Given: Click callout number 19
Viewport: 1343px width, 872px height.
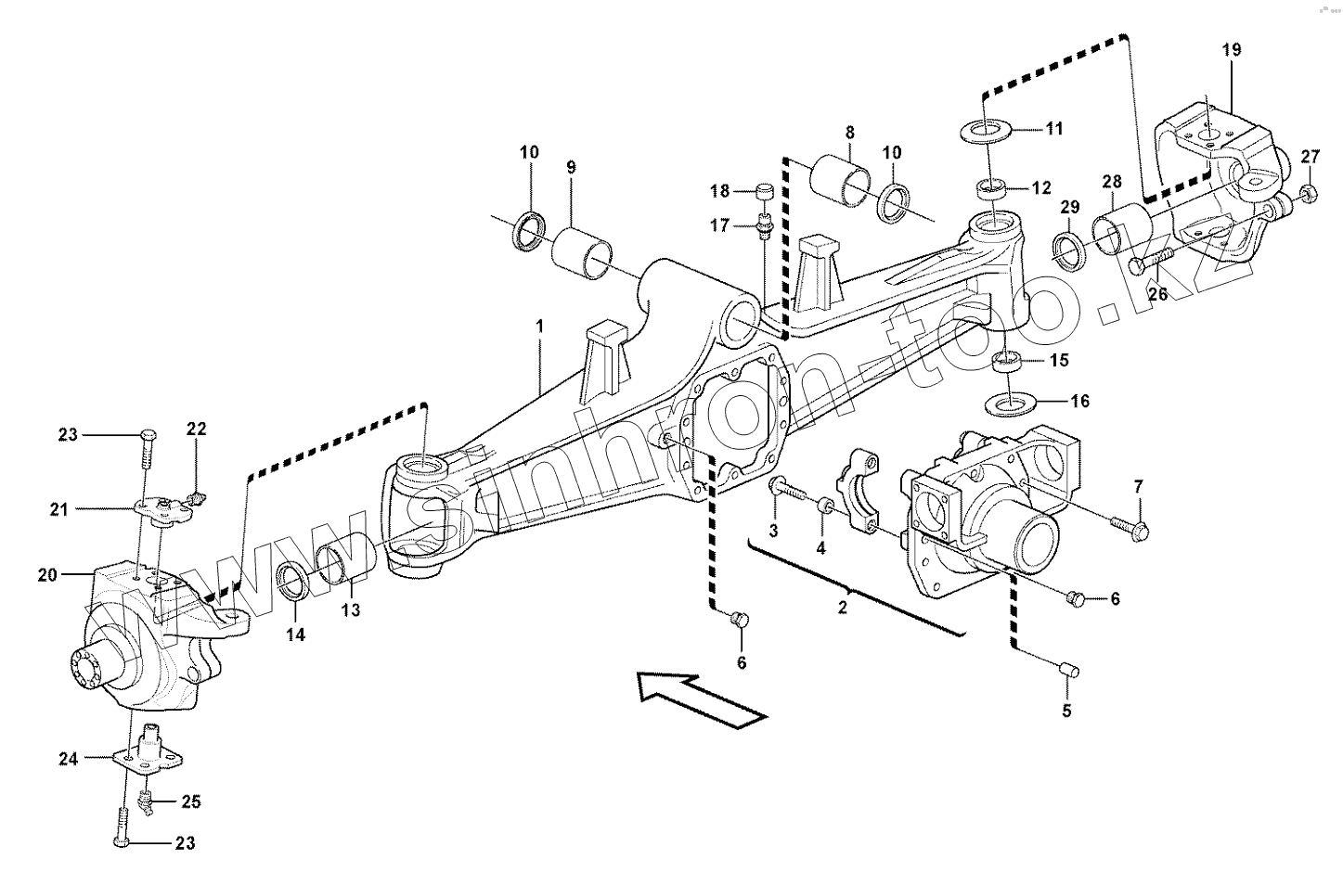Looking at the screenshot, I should pos(1231,51).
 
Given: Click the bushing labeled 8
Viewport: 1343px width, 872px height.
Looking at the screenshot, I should pos(841,186).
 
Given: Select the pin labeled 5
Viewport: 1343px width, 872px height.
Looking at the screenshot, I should pos(1066,667).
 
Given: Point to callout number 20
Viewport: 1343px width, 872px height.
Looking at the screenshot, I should pos(48,574).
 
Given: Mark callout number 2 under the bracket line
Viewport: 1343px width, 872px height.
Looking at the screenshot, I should pos(842,608).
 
